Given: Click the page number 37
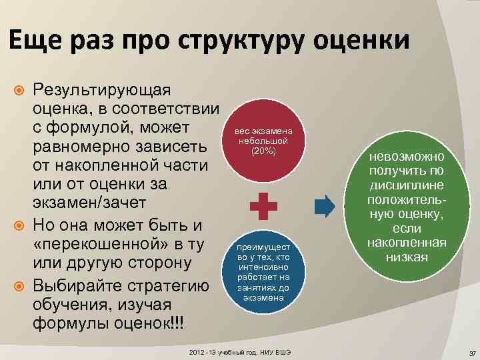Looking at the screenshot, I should coord(471,353).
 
